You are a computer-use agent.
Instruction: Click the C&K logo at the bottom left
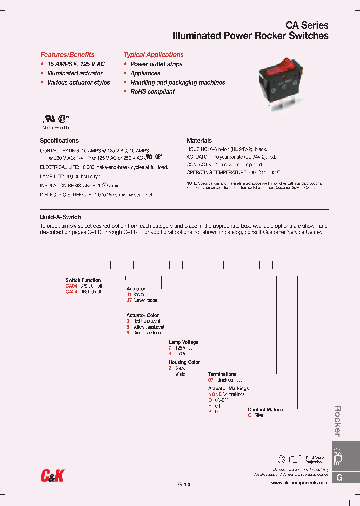coord(53,475)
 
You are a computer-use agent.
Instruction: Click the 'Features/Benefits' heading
coord(67,55)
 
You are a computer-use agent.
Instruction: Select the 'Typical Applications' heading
coord(154,55)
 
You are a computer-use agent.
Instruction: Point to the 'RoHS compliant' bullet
coord(152,92)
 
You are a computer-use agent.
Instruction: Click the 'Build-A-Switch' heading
coord(60,217)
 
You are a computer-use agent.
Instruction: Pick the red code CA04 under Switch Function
coord(72,286)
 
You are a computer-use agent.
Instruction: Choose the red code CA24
coord(72,292)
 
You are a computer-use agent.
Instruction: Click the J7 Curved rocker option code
coord(129,300)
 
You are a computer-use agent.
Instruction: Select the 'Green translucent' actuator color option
coord(148,333)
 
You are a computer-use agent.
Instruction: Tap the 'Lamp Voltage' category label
coord(183,342)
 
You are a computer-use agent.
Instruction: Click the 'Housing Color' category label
coord(184,362)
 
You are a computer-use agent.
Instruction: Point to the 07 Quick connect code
coord(211,380)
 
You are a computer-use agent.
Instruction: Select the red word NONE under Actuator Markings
coord(215,394)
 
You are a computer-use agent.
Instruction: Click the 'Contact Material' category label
coord(266,410)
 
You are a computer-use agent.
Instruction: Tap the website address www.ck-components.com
coord(300,483)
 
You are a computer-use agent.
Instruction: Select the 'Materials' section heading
coord(199,141)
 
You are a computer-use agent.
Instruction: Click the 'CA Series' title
coord(307,25)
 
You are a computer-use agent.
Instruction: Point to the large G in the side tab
coord(339,478)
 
